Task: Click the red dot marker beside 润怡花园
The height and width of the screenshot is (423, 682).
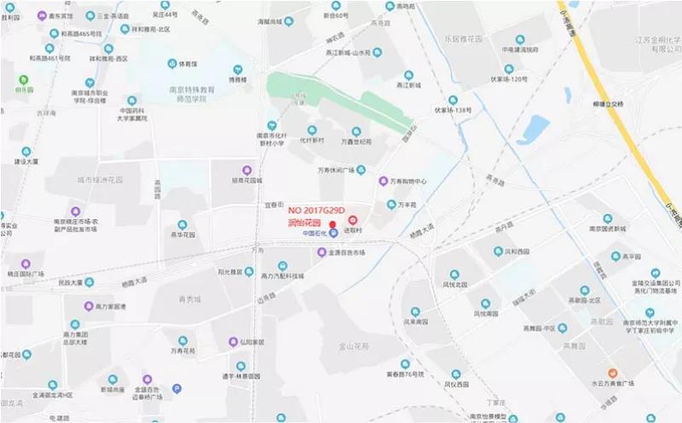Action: click(x=332, y=224)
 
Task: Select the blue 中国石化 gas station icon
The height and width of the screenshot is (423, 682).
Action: click(x=334, y=233)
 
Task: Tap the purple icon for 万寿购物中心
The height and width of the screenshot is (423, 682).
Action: click(x=384, y=181)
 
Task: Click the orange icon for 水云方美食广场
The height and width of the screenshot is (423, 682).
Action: click(x=611, y=373)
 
